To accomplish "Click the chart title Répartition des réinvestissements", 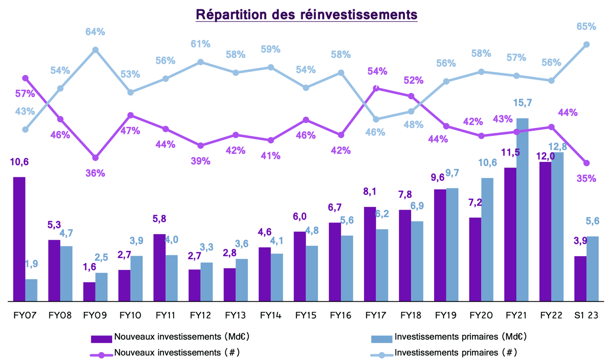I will click(306, 15).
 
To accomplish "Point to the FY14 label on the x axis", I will click(270, 316).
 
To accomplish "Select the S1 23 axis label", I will click(586, 316).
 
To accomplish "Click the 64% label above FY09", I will click(95, 32).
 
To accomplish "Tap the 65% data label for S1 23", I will click(586, 27).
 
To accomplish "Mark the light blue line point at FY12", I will click(200, 62).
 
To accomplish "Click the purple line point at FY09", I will click(95, 158).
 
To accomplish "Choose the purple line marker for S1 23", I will click(586, 163).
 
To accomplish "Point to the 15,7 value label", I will click(522, 103).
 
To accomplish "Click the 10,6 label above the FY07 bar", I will click(19, 162).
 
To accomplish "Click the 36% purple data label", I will click(95, 173).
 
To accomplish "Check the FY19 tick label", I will click(446, 316).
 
